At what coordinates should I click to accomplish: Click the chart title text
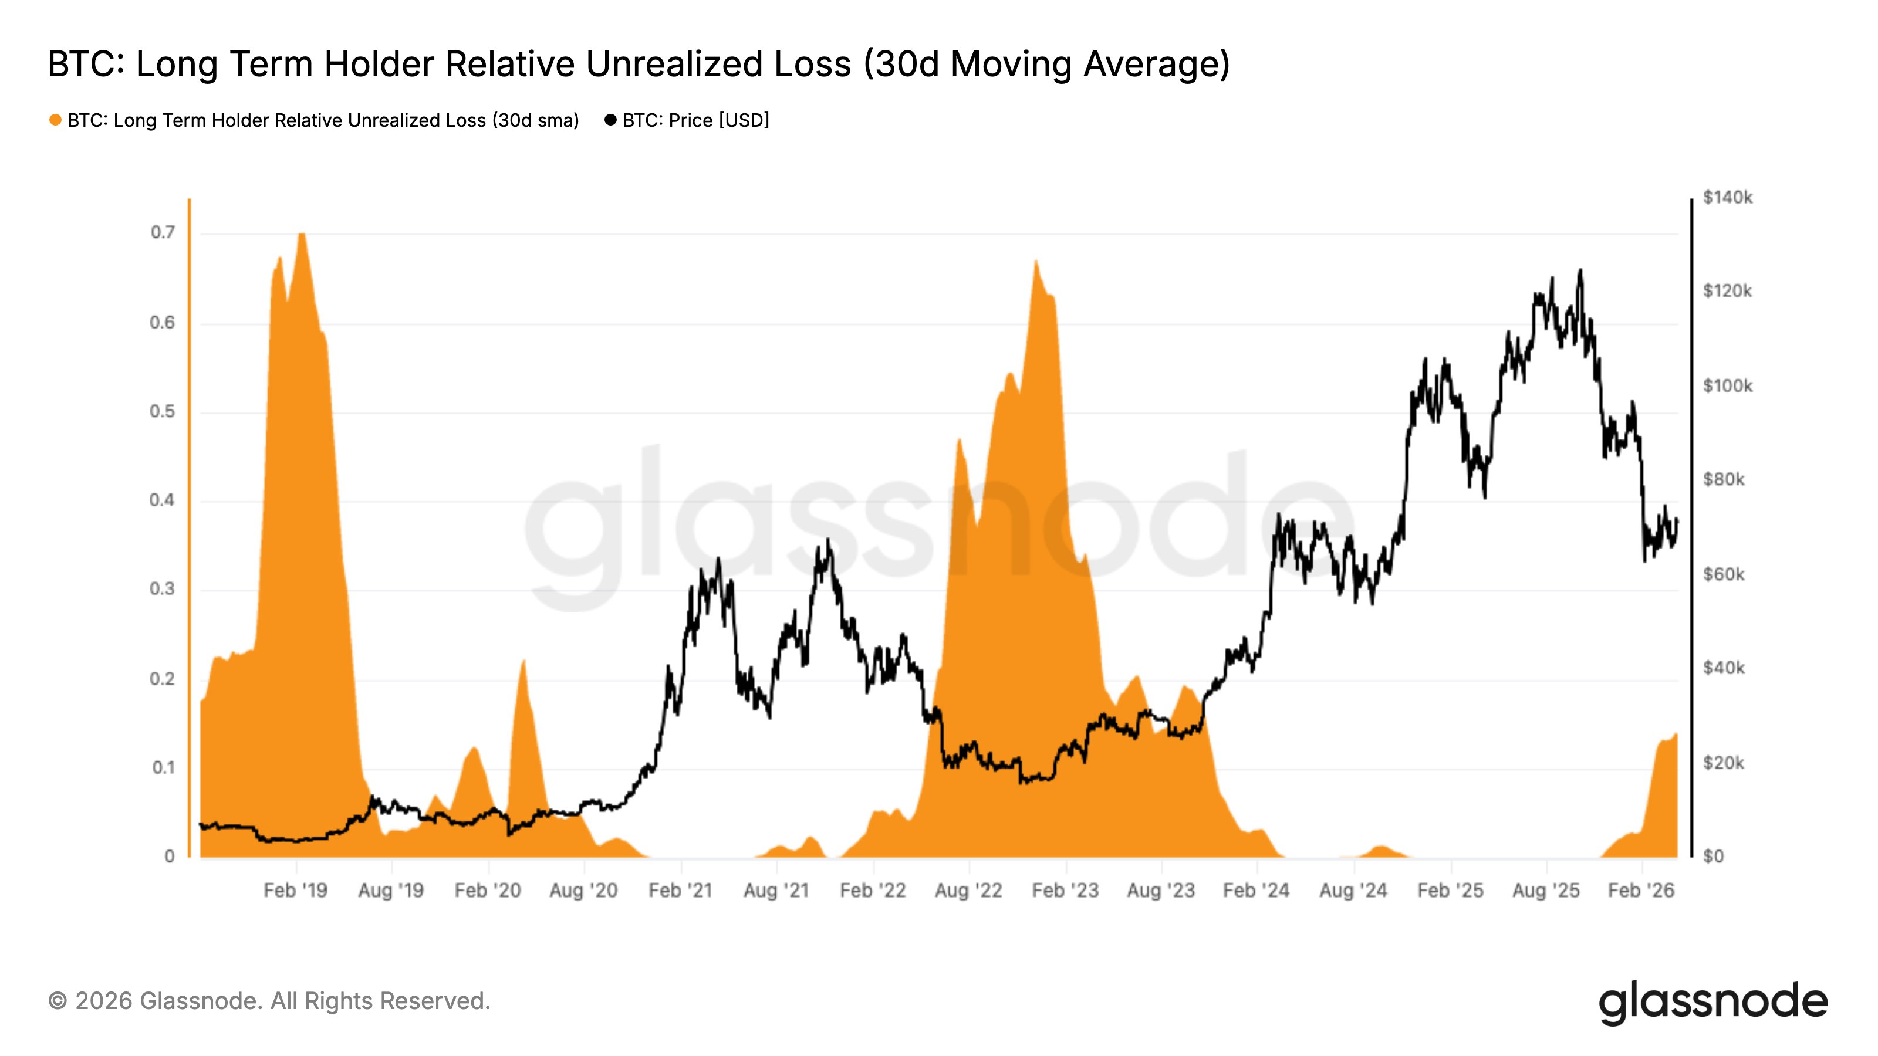click(x=639, y=64)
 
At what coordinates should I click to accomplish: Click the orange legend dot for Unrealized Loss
click(x=55, y=120)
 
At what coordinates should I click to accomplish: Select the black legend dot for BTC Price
click(x=610, y=120)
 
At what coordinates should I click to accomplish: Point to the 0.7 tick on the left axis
click(x=163, y=232)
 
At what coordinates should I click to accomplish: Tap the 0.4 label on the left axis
click(x=163, y=500)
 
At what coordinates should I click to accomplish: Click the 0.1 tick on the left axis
click(x=163, y=768)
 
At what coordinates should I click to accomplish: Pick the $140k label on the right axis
click(x=1727, y=198)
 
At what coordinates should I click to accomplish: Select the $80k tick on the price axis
click(x=1724, y=479)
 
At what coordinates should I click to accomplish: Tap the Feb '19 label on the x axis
click(x=295, y=891)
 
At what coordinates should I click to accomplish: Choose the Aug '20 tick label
click(x=583, y=891)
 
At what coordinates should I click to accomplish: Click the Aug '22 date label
click(x=968, y=891)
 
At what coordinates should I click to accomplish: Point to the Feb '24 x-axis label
click(x=1256, y=891)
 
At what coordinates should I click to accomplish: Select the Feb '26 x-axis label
click(x=1641, y=891)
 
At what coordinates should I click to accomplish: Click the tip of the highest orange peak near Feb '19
click(x=302, y=235)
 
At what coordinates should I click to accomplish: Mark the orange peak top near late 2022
click(x=1035, y=262)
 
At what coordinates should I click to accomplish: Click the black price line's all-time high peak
click(x=1580, y=270)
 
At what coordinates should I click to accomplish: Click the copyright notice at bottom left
click(x=269, y=1001)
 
